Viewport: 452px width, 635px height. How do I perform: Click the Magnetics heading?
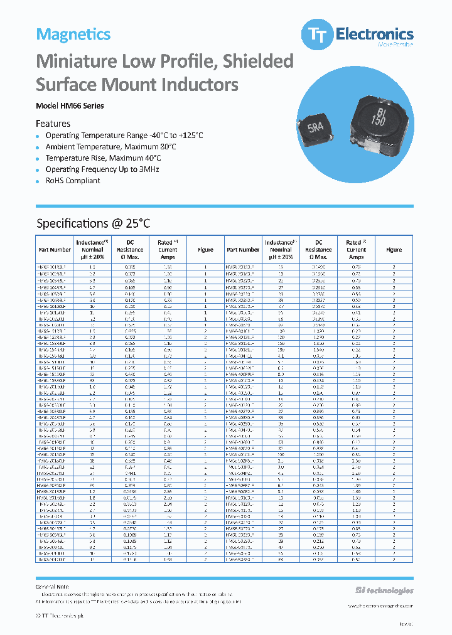(x=73, y=35)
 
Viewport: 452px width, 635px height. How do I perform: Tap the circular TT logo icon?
(x=313, y=35)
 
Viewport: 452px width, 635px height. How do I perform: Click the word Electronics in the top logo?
(x=374, y=33)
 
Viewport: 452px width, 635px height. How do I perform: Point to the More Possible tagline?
(x=395, y=45)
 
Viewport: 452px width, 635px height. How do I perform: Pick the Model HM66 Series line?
(x=70, y=106)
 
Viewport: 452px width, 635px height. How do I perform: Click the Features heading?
(x=53, y=124)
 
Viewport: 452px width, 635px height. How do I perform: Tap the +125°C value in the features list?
(x=190, y=136)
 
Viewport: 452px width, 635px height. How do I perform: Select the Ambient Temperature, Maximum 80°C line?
(x=110, y=147)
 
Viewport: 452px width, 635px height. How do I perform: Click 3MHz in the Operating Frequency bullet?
(x=149, y=169)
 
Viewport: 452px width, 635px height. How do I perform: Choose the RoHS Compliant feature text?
(x=73, y=181)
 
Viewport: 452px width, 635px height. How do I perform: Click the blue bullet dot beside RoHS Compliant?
(x=38, y=181)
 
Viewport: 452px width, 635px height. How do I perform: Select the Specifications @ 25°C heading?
(x=94, y=223)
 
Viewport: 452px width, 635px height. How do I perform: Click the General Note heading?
(x=52, y=587)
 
